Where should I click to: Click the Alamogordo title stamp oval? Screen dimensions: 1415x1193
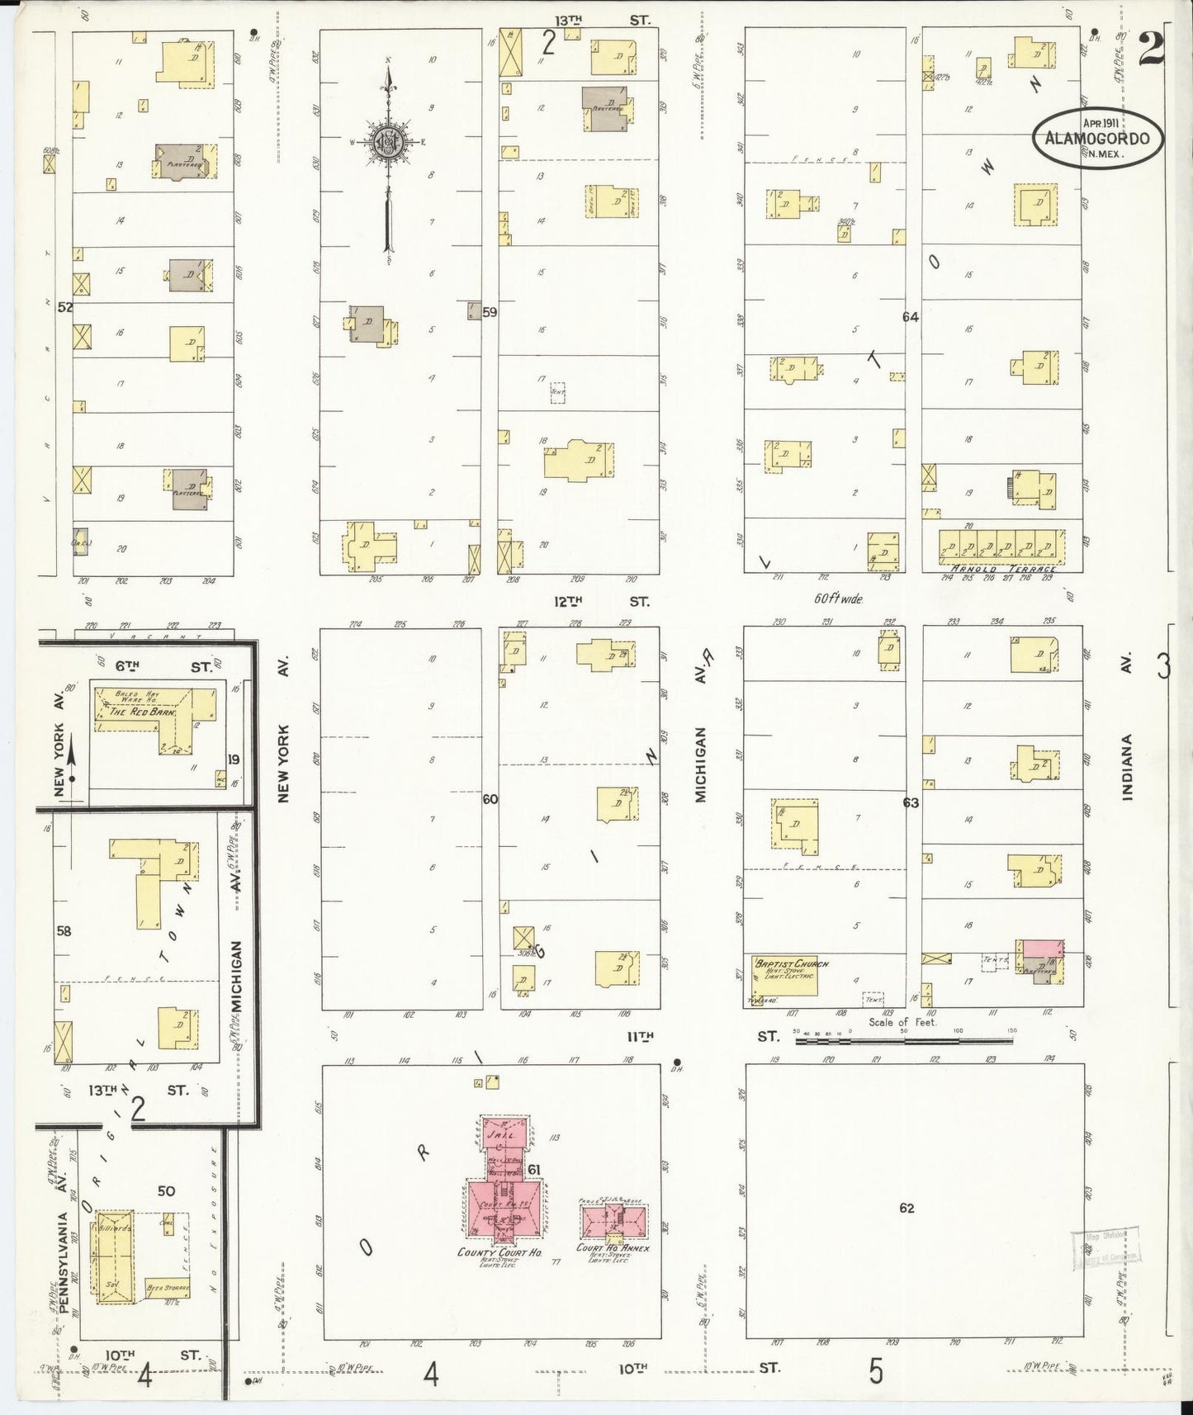pyautogui.click(x=1098, y=138)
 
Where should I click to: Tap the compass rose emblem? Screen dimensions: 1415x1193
pyautogui.click(x=387, y=141)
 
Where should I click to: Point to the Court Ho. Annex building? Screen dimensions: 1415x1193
pyautogui.click(x=613, y=1219)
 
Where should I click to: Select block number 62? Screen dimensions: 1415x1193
pyautogui.click(x=907, y=1208)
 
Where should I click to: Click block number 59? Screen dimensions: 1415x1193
pyautogui.click(x=490, y=312)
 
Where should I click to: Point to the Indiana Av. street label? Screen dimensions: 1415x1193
pyautogui.click(x=1128, y=768)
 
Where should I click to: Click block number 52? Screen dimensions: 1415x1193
pyautogui.click(x=65, y=308)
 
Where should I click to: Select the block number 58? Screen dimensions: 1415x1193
pyautogui.click(x=64, y=931)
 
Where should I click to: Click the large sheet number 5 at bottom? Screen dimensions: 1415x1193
pyautogui.click(x=875, y=1371)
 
